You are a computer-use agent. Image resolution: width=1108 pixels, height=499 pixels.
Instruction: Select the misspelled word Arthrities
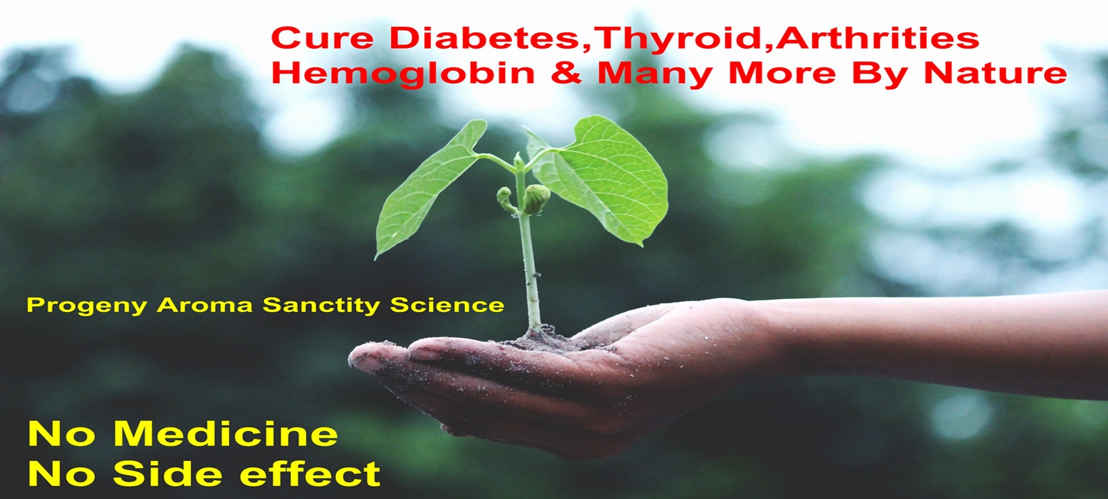877,38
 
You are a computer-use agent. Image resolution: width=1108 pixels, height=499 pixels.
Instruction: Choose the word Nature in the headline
996,73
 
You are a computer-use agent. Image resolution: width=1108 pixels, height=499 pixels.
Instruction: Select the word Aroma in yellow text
205,305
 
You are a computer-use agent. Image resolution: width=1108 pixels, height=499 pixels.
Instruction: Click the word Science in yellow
447,305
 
